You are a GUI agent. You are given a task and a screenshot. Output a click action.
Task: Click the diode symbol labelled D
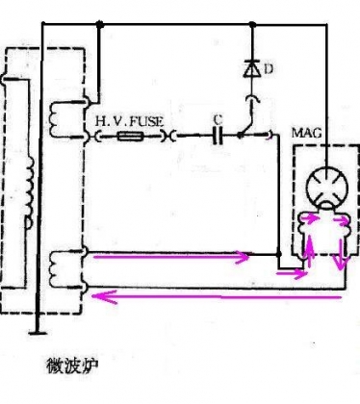[252, 69]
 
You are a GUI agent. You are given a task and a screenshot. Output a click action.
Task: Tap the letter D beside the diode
[269, 69]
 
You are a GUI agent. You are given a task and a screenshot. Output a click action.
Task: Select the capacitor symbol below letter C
[218, 136]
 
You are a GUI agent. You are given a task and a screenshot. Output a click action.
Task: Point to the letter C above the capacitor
[218, 119]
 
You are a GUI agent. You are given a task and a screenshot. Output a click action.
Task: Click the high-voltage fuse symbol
[129, 137]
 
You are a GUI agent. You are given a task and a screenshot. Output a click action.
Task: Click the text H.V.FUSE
[129, 121]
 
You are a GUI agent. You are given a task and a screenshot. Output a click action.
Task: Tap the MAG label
[306, 133]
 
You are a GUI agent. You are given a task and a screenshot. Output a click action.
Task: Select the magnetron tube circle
[327, 189]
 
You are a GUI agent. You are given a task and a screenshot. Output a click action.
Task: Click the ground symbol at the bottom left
[38, 333]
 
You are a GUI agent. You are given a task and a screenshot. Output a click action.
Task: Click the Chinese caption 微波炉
[73, 366]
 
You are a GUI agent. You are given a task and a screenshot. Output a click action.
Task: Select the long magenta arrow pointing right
[170, 257]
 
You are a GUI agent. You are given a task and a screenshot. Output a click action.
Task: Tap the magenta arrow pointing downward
[341, 253]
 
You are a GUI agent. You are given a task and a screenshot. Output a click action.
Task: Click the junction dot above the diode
[252, 24]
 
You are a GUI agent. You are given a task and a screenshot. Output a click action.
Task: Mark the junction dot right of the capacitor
[240, 136]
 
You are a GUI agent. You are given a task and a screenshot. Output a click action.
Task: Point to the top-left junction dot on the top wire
[100, 24]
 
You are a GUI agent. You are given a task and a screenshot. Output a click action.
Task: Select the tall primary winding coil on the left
[30, 192]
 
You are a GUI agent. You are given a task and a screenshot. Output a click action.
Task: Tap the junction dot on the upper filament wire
[278, 254]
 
